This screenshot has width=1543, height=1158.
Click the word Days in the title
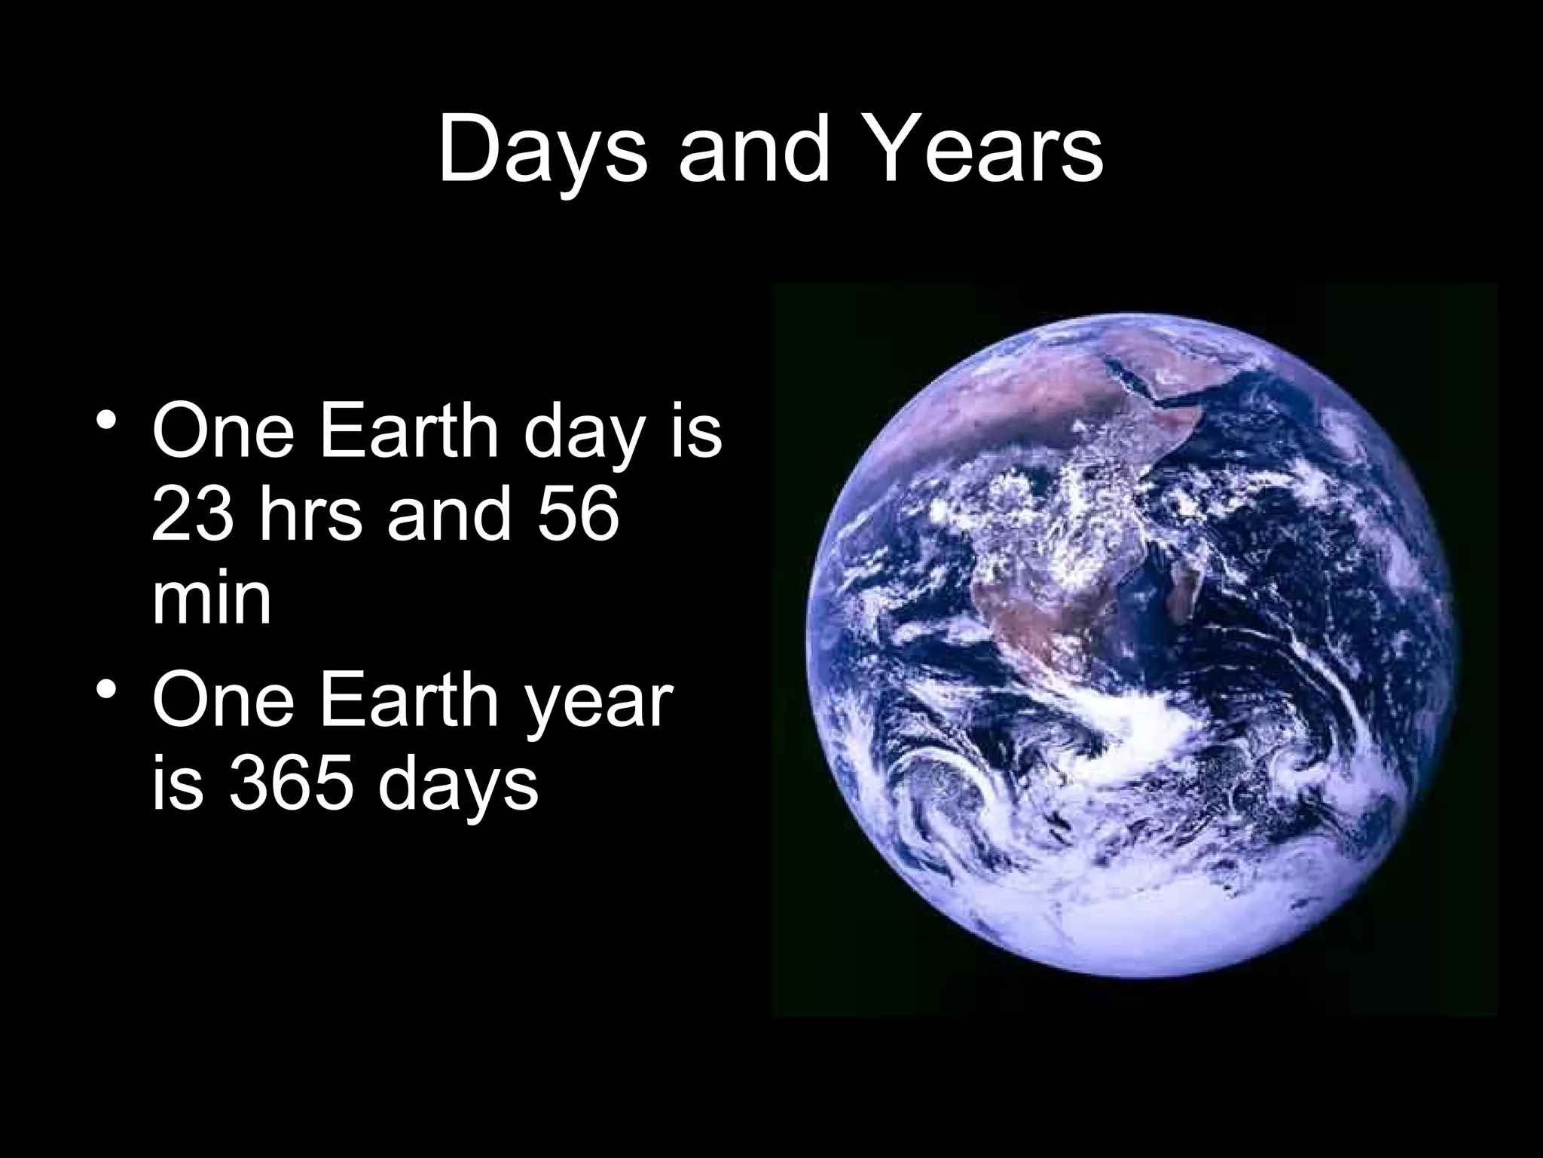click(x=541, y=151)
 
